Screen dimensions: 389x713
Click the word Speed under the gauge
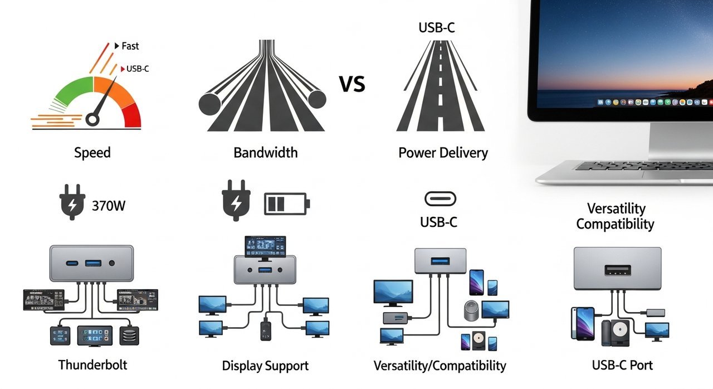(x=92, y=153)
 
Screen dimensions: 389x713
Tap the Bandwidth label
(x=265, y=153)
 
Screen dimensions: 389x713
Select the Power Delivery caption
(x=443, y=153)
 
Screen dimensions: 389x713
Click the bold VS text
(x=352, y=85)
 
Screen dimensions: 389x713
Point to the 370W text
(x=109, y=206)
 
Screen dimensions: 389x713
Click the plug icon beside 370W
(x=71, y=205)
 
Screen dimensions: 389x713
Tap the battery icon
(x=285, y=204)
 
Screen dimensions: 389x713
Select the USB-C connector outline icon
(x=440, y=198)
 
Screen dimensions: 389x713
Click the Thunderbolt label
(x=92, y=365)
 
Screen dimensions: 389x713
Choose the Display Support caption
(x=265, y=366)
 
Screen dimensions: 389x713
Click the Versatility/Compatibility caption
(x=439, y=366)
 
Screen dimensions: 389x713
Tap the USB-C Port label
(x=622, y=366)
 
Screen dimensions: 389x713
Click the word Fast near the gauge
(x=130, y=46)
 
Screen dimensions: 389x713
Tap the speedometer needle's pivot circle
(x=95, y=119)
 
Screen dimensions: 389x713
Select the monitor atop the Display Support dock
(x=265, y=246)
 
